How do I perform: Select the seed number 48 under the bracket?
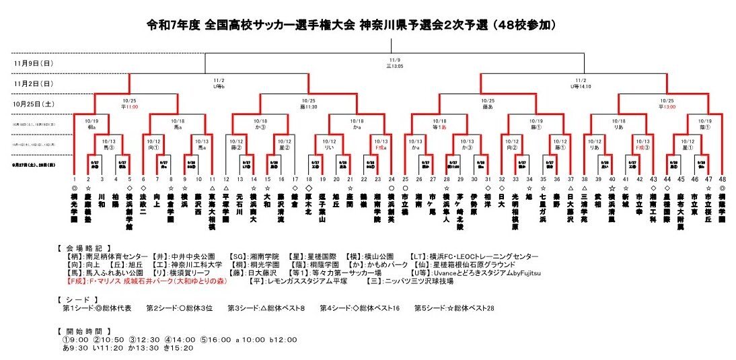coord(722,179)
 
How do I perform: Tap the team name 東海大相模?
coord(213,209)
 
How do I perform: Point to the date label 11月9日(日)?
coord(33,63)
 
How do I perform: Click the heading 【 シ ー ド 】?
coord(79,298)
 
